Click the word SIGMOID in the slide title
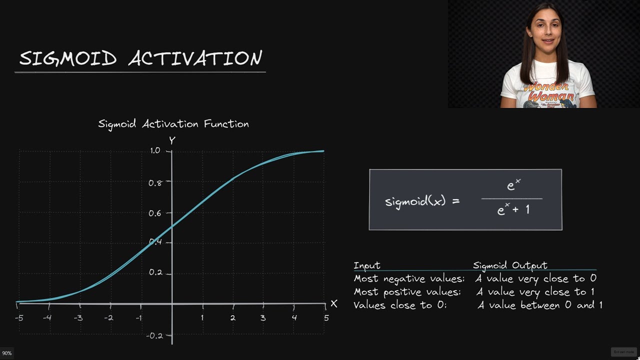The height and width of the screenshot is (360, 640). (x=67, y=58)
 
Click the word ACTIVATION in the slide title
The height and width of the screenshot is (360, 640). (x=195, y=58)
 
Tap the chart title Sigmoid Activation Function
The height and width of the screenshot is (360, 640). (x=173, y=124)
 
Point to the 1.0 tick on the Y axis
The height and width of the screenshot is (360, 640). (x=154, y=150)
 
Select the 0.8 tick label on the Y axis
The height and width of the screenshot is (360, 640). (x=155, y=182)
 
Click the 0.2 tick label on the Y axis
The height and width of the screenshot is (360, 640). (x=155, y=273)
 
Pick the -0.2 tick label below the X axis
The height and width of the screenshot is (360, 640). (x=154, y=335)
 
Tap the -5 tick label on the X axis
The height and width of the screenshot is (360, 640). (x=19, y=317)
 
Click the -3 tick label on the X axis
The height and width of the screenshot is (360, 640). (x=78, y=317)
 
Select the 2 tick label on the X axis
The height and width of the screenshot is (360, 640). (x=232, y=317)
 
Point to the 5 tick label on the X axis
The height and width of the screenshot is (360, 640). (x=326, y=317)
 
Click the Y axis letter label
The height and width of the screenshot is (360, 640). (x=172, y=140)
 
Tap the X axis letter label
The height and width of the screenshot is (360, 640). (x=334, y=304)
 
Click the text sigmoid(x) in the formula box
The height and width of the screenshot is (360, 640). (x=415, y=201)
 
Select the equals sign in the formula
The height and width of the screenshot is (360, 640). (x=455, y=201)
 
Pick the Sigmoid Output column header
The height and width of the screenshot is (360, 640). (x=510, y=265)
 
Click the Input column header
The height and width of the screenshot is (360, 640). (x=367, y=265)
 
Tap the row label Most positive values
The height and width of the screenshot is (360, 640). (x=407, y=291)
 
